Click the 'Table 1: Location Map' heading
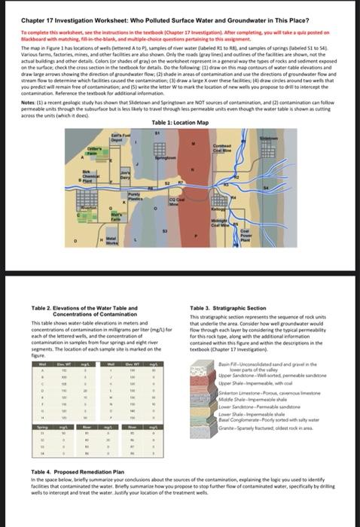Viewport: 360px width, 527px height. click(x=179, y=122)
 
